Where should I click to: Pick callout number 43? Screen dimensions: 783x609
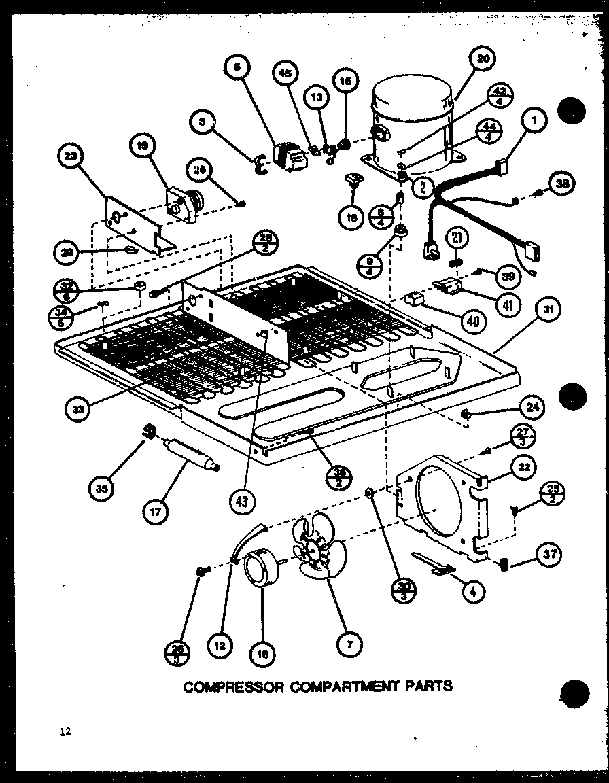(243, 501)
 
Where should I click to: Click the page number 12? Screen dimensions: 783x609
(65, 732)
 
